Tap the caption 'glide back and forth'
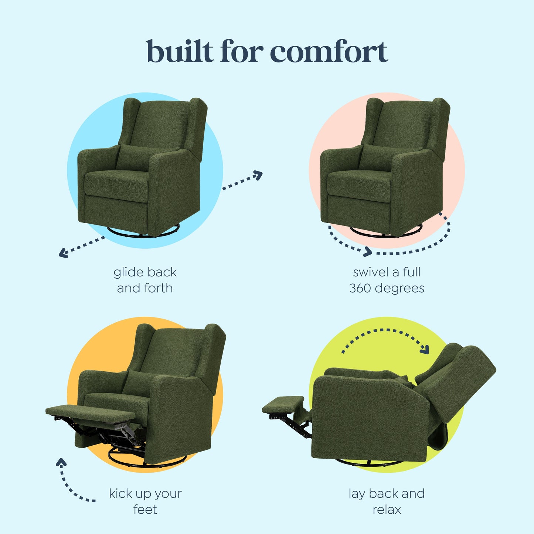point(145,280)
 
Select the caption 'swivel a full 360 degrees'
point(387,280)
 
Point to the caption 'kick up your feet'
point(145,501)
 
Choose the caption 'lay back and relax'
point(387,501)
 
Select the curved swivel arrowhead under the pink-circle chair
point(367,252)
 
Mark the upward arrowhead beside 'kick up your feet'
point(61,462)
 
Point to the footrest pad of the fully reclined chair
point(283,404)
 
